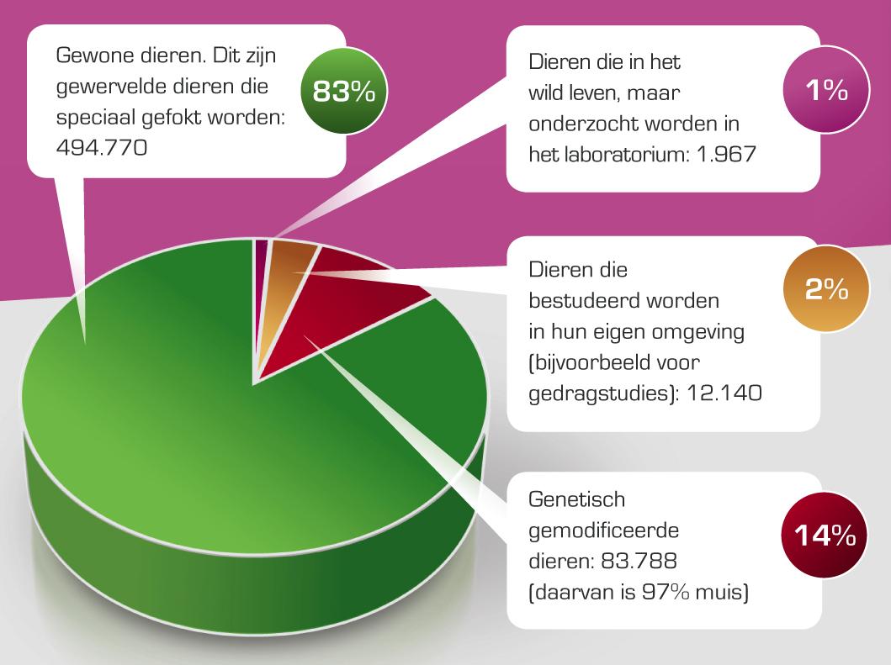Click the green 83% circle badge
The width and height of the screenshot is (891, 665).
pyautogui.click(x=343, y=93)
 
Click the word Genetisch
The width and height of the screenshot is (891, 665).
pyautogui.click(x=577, y=501)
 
